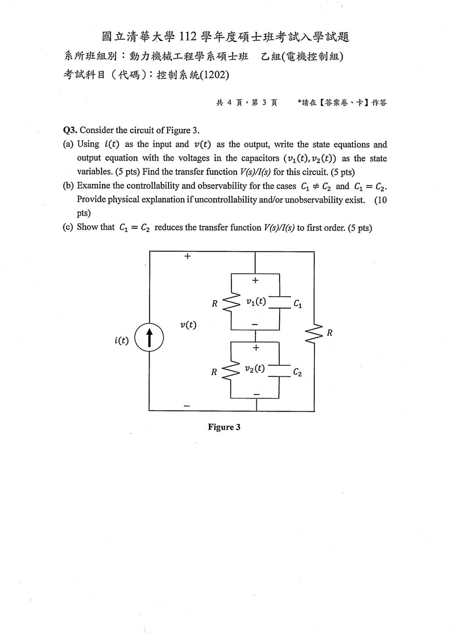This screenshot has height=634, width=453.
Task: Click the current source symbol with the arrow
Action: point(149,337)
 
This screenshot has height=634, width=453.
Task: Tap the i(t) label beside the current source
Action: point(121,340)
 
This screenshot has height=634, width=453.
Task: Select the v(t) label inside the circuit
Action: point(188,325)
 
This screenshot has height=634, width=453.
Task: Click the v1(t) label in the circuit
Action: point(256,302)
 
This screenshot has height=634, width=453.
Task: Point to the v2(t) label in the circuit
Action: point(255,368)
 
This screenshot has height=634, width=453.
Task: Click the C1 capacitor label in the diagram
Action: point(298,304)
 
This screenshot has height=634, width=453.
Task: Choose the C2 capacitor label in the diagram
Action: point(297,372)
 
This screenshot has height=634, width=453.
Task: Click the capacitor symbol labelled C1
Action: point(280,303)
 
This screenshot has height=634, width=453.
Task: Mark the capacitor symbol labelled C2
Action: point(279,371)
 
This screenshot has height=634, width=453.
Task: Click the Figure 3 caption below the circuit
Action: point(224,427)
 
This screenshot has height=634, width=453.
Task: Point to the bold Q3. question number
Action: point(70,130)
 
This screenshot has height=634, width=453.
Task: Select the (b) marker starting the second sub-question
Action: point(68,186)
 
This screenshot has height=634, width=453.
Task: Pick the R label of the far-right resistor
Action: point(330,333)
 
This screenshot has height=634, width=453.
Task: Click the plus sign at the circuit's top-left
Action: point(188,256)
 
